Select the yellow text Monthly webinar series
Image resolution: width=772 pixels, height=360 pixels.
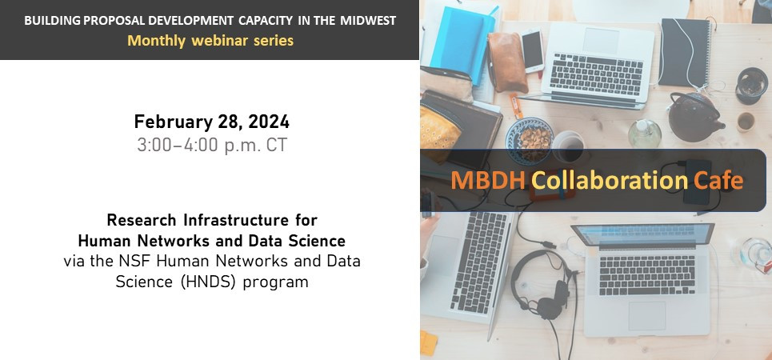210,40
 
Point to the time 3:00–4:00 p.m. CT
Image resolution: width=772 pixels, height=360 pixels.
212,146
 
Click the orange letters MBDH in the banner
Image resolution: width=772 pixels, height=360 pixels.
488,180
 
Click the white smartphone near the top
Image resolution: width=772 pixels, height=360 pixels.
533,50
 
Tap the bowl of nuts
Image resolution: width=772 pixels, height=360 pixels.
530,139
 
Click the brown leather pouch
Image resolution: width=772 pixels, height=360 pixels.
506,62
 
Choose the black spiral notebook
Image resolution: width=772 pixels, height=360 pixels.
685,53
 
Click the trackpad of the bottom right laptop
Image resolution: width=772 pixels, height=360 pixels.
646,316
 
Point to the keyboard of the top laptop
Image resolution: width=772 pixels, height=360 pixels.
596,74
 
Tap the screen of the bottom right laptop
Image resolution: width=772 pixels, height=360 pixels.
643,234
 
